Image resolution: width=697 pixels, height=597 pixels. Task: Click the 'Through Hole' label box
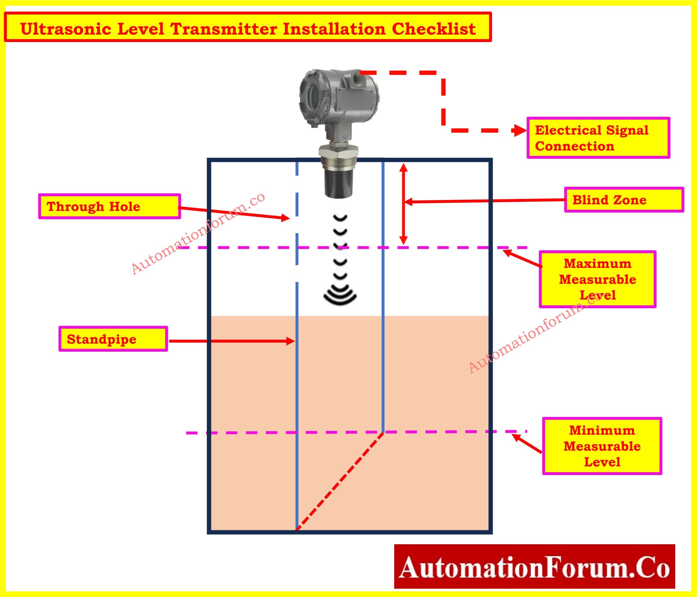(110, 206)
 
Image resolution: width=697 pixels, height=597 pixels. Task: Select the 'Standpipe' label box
(113, 339)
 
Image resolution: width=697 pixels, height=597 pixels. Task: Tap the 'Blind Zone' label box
(623, 200)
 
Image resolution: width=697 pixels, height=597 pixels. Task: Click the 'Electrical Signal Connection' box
(598, 138)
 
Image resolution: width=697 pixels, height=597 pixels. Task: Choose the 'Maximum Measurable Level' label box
(597, 279)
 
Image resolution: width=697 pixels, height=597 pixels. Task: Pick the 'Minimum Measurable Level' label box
(602, 446)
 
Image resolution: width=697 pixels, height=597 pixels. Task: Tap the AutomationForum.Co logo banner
(534, 566)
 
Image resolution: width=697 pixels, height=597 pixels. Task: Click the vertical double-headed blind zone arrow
(403, 204)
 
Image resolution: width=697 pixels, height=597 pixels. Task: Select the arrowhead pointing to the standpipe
(290, 341)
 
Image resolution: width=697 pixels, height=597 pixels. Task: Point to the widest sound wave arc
(340, 299)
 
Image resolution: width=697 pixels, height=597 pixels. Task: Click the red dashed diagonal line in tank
(340, 481)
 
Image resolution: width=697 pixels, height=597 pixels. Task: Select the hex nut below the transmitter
(339, 150)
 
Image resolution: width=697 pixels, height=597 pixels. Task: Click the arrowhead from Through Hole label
(285, 218)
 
